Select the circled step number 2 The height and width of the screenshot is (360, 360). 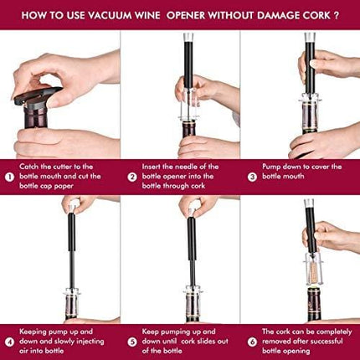pyautogui.click(x=132, y=177)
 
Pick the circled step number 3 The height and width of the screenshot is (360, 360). pyautogui.click(x=252, y=177)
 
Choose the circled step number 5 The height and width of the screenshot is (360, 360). pyautogui.click(x=132, y=342)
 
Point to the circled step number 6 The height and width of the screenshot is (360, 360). pyautogui.click(x=252, y=342)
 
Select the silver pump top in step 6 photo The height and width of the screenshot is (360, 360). pyautogui.click(x=309, y=206)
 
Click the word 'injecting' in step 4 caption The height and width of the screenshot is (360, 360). pyautogui.click(x=85, y=342)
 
